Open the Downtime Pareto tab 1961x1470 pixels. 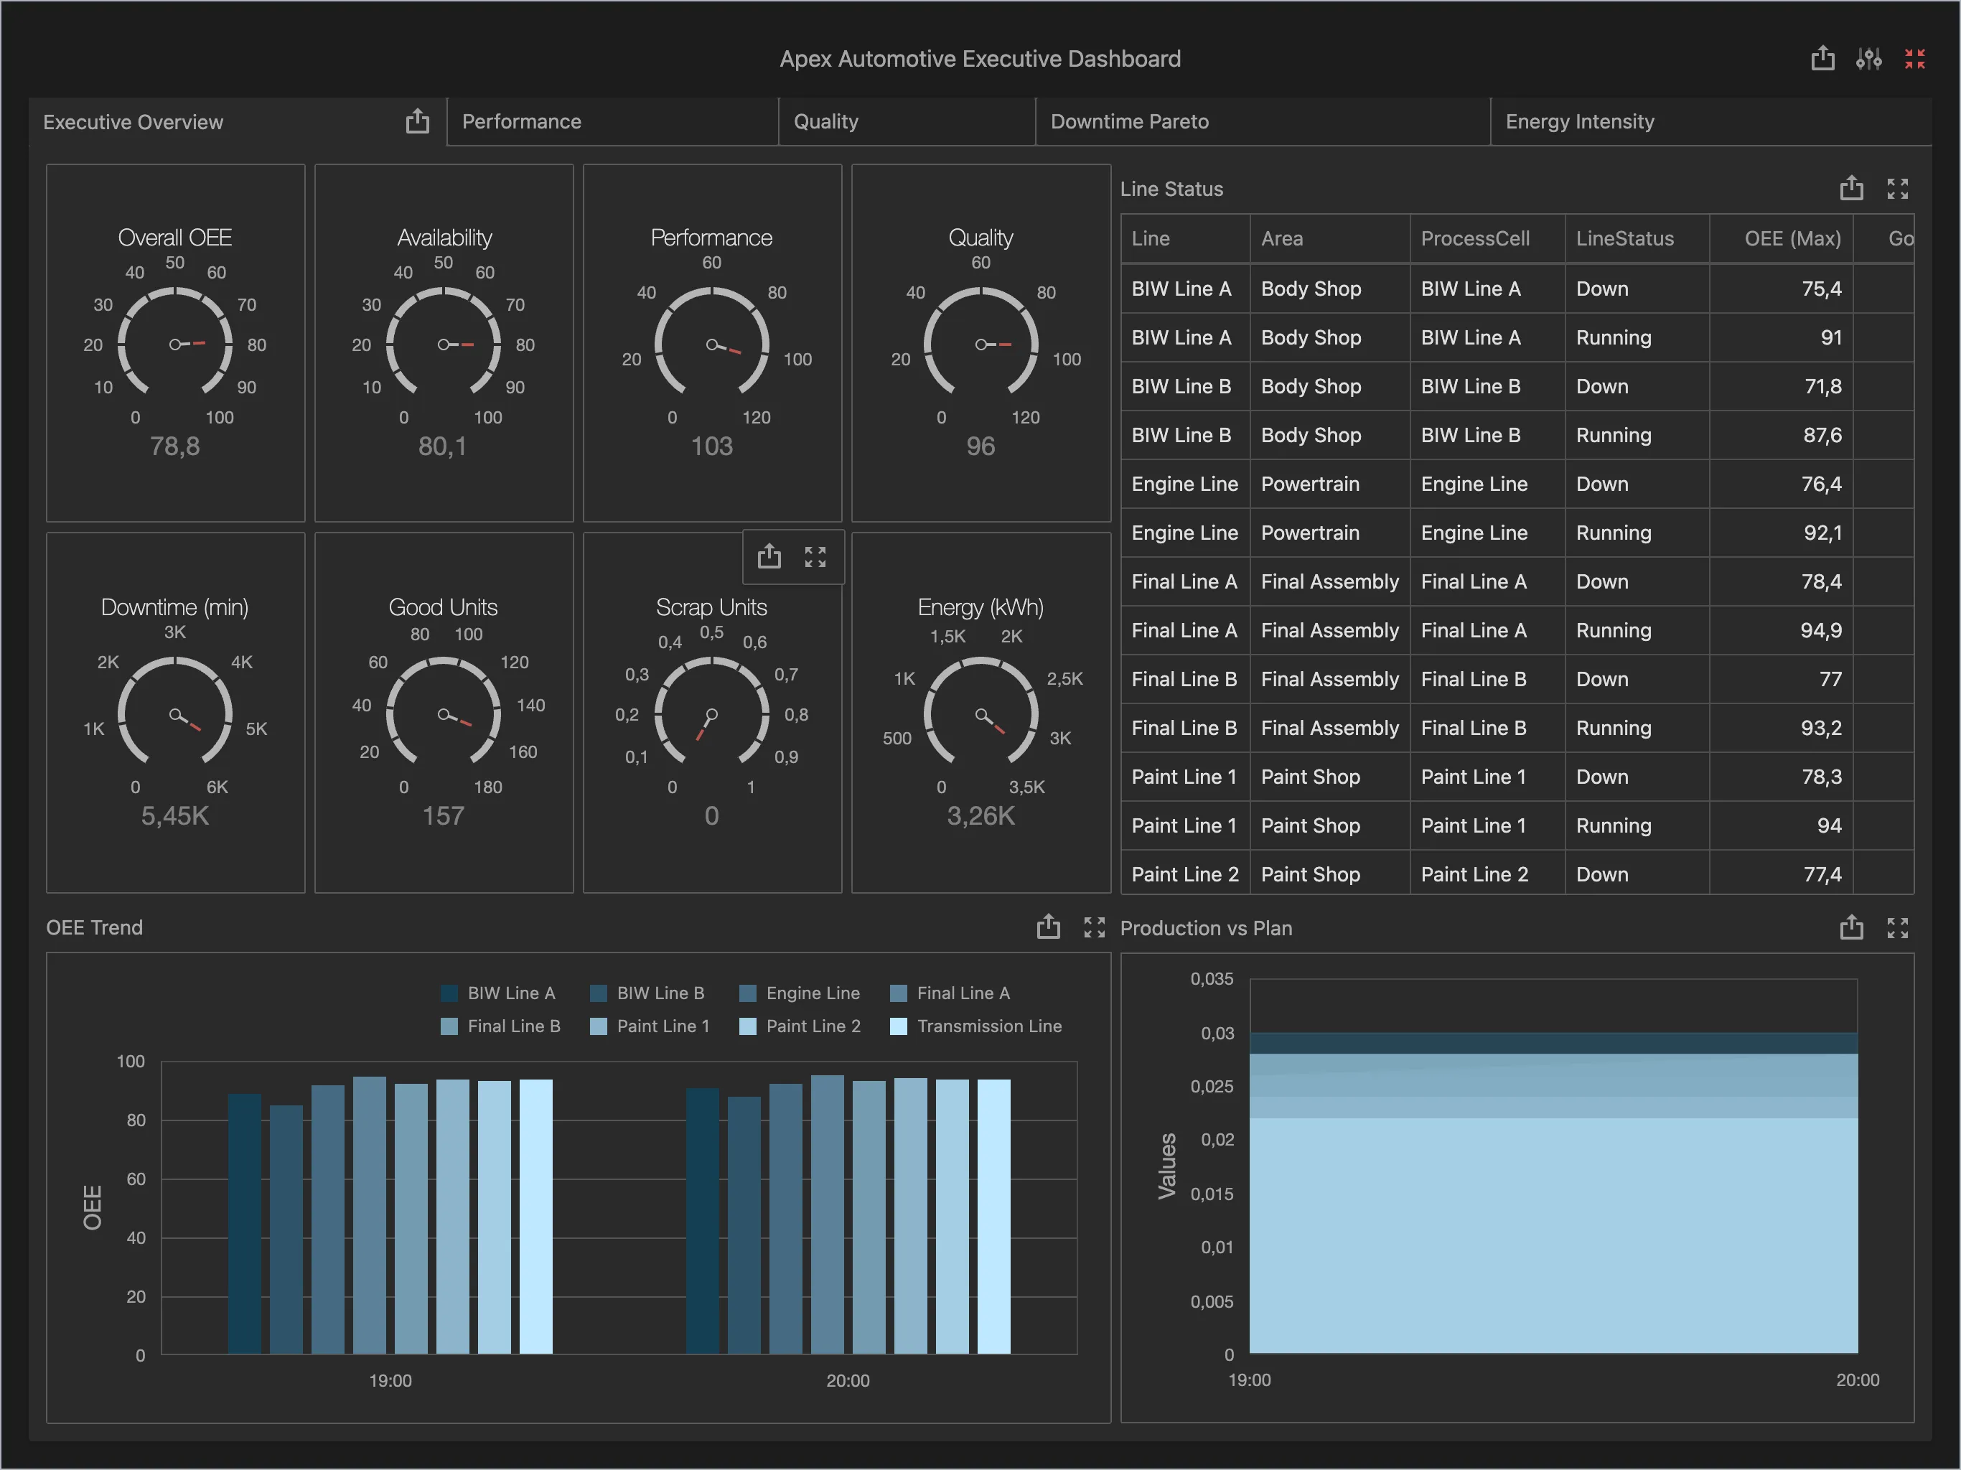[x=1128, y=121]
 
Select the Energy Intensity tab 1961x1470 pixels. [x=1579, y=121]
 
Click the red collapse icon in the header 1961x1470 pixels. [x=1914, y=59]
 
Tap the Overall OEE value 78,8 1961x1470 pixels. [x=174, y=446]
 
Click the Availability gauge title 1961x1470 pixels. [x=444, y=238]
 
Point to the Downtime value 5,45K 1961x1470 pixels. [x=174, y=815]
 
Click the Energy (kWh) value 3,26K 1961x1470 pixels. [x=981, y=815]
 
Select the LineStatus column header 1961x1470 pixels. [x=1624, y=238]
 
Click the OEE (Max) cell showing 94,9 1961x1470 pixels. [x=1820, y=630]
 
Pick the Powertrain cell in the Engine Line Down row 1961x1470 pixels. [x=1309, y=484]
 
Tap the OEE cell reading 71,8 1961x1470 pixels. [x=1822, y=387]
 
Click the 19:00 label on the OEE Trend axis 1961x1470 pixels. [x=390, y=1380]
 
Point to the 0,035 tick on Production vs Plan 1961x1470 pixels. [x=1211, y=979]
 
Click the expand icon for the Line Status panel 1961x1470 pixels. [x=1897, y=189]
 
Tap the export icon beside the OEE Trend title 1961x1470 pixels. [x=1048, y=927]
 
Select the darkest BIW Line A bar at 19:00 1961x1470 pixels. [x=245, y=1224]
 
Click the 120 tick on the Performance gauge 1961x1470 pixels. [x=757, y=418]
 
